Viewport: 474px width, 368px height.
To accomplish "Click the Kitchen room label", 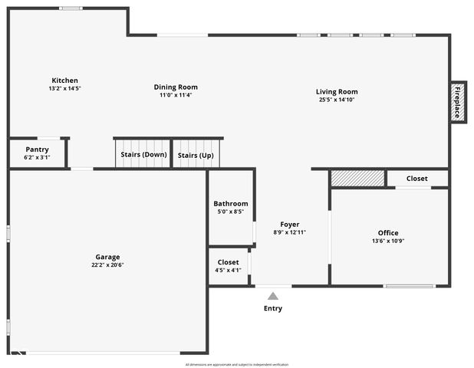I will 64,80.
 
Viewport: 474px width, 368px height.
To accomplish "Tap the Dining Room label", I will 176,87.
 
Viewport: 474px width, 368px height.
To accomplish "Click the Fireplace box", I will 458,101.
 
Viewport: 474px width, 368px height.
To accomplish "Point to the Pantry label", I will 37,149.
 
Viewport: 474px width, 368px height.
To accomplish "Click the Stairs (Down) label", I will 143,155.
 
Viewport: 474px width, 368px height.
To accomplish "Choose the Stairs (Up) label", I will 196,155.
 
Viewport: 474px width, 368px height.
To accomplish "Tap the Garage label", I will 107,257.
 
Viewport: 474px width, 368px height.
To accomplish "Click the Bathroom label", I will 231,204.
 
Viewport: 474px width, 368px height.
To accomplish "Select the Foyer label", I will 289,225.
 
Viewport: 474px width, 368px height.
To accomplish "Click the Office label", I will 388,233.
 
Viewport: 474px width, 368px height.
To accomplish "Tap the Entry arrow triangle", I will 272,294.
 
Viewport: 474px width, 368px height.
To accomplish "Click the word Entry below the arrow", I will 273,308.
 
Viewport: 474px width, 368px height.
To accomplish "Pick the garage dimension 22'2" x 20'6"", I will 107,265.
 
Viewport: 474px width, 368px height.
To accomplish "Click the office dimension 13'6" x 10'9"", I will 388,241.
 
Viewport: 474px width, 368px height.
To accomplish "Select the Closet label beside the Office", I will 417,179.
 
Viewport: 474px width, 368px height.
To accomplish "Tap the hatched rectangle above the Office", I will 357,178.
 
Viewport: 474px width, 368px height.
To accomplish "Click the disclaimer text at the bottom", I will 236,364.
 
